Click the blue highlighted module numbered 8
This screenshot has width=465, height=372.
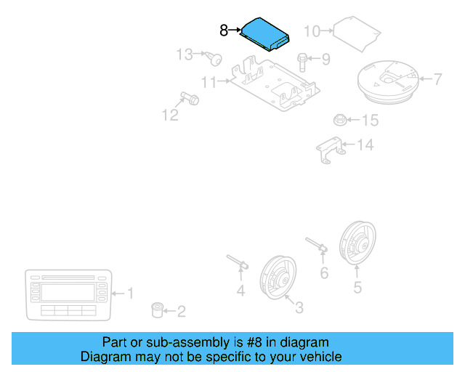point(265,33)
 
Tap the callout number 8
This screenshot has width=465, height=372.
point(224,31)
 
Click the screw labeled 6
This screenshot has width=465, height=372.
point(320,247)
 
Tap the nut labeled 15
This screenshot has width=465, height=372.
point(209,83)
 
